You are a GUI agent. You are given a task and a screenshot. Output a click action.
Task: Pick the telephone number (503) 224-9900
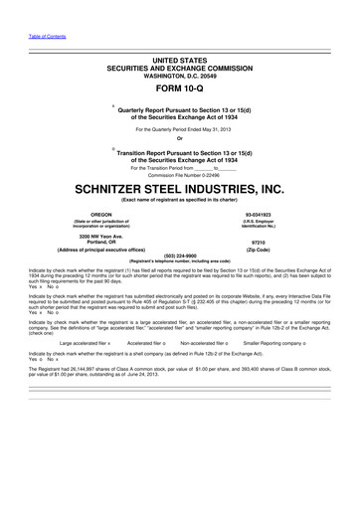pyautogui.click(x=180, y=254)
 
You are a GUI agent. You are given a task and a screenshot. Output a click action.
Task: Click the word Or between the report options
pyautogui.click(x=180, y=137)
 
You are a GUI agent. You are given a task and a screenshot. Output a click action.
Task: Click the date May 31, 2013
pyautogui.click(x=206, y=129)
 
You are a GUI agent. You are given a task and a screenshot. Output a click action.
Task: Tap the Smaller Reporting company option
pyautogui.click(x=281, y=343)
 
